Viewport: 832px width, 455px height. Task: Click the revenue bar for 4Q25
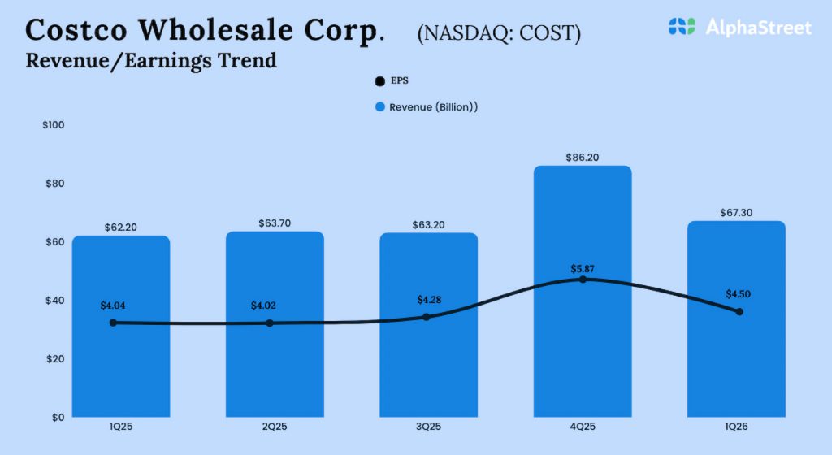coord(583,349)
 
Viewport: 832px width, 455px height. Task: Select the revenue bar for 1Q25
coord(120,366)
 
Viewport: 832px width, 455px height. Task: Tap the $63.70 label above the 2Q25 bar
coord(274,223)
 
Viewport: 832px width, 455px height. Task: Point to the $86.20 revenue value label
coord(582,158)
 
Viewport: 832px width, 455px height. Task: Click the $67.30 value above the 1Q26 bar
coord(736,213)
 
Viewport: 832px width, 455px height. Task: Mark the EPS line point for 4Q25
coord(583,279)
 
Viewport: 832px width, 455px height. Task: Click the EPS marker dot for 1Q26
coord(739,311)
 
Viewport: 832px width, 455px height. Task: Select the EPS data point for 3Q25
coord(427,317)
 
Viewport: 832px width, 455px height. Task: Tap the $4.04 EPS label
coord(114,305)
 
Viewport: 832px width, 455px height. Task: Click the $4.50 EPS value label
coord(738,294)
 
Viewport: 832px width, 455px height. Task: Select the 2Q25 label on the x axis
coord(274,427)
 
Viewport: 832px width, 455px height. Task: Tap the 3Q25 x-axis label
coord(428,427)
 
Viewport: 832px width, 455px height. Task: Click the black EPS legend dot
coord(379,81)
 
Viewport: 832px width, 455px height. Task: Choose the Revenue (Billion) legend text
coord(433,107)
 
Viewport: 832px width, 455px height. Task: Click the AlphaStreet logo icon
coord(682,27)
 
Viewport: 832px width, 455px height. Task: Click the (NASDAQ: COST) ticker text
coord(499,34)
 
